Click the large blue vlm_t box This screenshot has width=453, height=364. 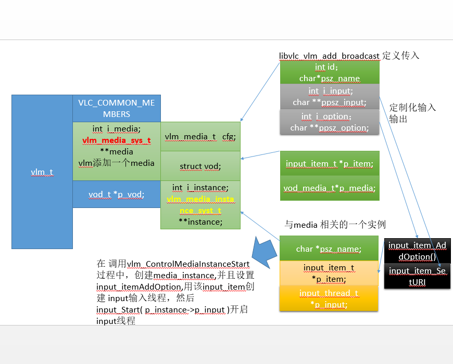pos(42,172)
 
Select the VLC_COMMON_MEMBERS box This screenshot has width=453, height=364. pos(116,108)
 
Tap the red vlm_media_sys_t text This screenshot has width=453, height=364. pos(116,140)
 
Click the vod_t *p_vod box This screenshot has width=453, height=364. pos(116,194)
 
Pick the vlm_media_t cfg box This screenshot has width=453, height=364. pos(200,137)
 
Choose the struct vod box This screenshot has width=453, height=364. pos(200,166)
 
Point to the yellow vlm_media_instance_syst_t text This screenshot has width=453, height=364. pos(200,205)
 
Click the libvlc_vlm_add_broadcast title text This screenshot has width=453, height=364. pos(329,56)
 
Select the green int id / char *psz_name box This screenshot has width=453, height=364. pos(329,73)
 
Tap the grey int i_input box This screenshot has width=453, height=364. pos(329,97)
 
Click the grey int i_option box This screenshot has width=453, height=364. pos(329,122)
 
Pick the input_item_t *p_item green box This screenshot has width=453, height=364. pos(329,164)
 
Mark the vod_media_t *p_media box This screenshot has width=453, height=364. pos(329,188)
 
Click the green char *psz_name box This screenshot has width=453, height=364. pos(328,249)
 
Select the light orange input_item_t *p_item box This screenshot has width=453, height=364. pos(328,273)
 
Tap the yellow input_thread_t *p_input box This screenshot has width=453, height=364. pos(328,298)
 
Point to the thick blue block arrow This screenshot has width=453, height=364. pos(265,252)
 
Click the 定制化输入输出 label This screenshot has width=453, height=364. pos(412,113)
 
